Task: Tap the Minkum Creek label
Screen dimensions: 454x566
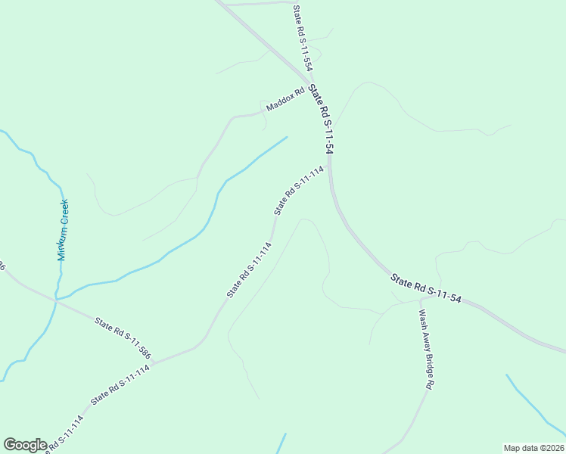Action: (x=64, y=229)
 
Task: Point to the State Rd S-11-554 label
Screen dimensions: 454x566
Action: (x=303, y=38)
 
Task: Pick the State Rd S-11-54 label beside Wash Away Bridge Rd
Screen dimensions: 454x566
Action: (x=426, y=288)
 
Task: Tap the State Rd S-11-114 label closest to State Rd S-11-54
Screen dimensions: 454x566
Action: (x=299, y=190)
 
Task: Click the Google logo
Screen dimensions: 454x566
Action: (x=25, y=445)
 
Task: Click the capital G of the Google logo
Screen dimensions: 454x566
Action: (x=10, y=444)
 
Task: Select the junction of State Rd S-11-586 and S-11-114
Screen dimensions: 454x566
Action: (x=154, y=364)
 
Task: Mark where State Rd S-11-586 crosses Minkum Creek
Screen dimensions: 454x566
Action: (x=55, y=300)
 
